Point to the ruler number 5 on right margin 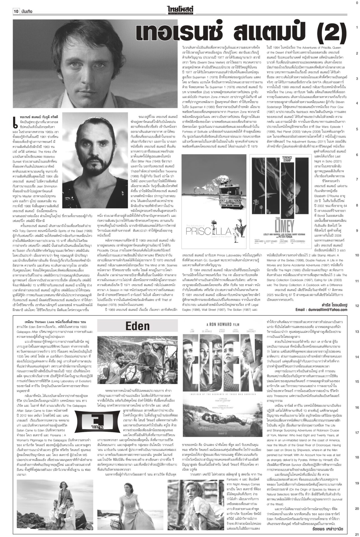357,129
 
